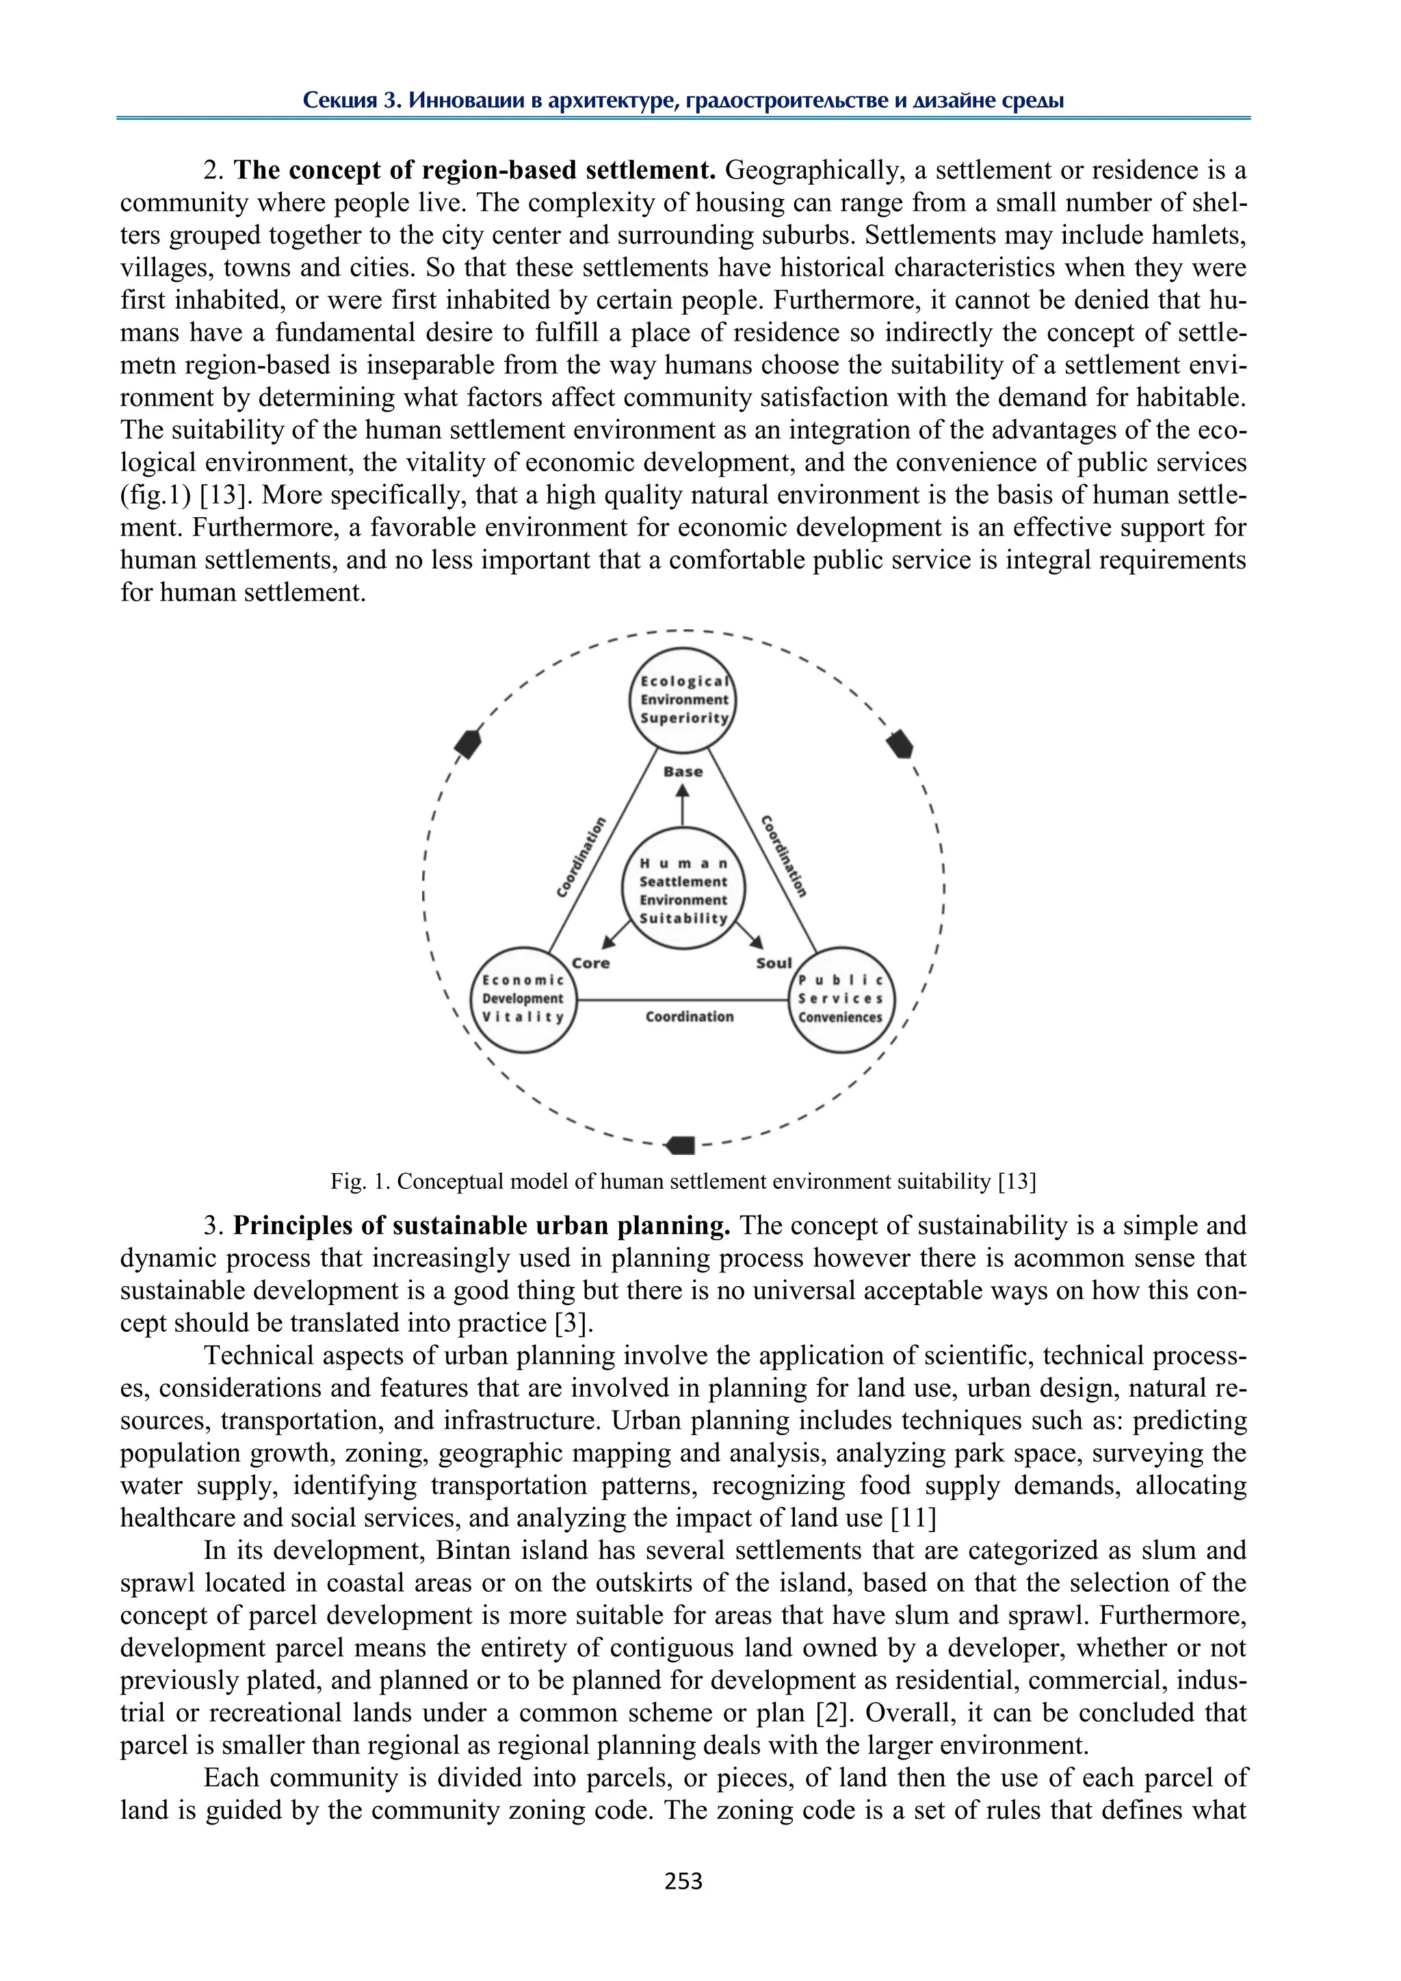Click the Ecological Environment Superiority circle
pyautogui.click(x=683, y=700)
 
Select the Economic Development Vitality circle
pyautogui.click(x=523, y=999)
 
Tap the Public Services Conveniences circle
pyautogui.click(x=841, y=999)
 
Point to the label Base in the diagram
pyautogui.click(x=683, y=772)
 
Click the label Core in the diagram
pyautogui.click(x=591, y=963)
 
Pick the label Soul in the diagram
pyautogui.click(x=773, y=963)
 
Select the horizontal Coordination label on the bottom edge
pyautogui.click(x=690, y=1017)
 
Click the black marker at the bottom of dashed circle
pyautogui.click(x=681, y=1145)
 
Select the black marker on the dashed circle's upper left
pyautogui.click(x=468, y=743)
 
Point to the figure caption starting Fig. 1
pyautogui.click(x=683, y=1181)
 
